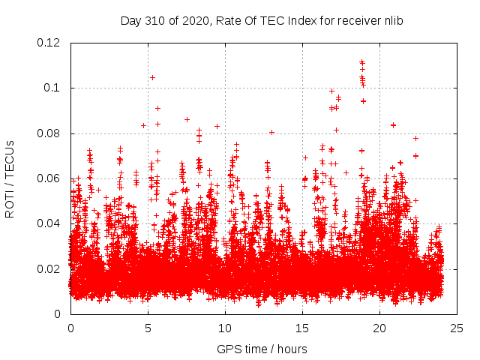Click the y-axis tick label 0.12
(x=50, y=43)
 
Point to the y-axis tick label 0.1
(x=53, y=88)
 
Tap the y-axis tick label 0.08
(x=50, y=133)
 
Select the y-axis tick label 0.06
(x=50, y=178)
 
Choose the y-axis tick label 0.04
(x=50, y=223)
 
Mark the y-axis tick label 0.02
(x=50, y=268)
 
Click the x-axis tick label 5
(x=148, y=328)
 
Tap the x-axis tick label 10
(x=225, y=328)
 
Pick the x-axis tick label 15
(x=302, y=328)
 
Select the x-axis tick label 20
(x=379, y=328)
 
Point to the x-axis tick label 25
(x=457, y=328)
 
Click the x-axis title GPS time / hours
(x=263, y=349)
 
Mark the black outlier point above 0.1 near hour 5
(x=152, y=77)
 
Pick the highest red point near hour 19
(x=361, y=61)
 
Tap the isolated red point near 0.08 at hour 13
(x=271, y=132)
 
